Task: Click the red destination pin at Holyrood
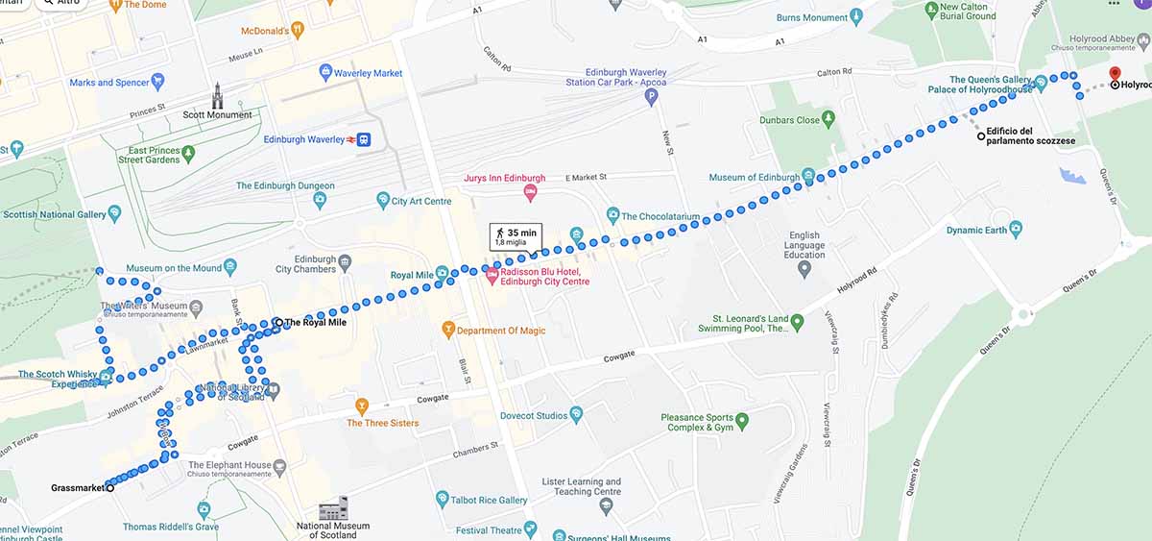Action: (1115, 74)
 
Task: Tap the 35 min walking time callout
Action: (516, 236)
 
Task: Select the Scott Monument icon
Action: (218, 94)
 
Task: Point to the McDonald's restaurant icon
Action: (298, 31)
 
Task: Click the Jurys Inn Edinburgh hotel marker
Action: (530, 194)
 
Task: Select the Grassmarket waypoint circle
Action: (109, 488)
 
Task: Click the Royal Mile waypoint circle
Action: (277, 322)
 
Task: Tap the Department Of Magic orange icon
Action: (447, 331)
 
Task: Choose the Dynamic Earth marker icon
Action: (1016, 230)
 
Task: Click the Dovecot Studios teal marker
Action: (576, 415)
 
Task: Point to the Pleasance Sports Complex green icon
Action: (741, 420)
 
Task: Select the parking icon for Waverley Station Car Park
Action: (651, 96)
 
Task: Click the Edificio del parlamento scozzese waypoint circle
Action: (981, 136)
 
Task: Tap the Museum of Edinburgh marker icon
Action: (808, 177)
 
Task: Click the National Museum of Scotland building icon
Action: (333, 508)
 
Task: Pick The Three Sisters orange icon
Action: (362, 406)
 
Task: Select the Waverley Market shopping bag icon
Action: (325, 72)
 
